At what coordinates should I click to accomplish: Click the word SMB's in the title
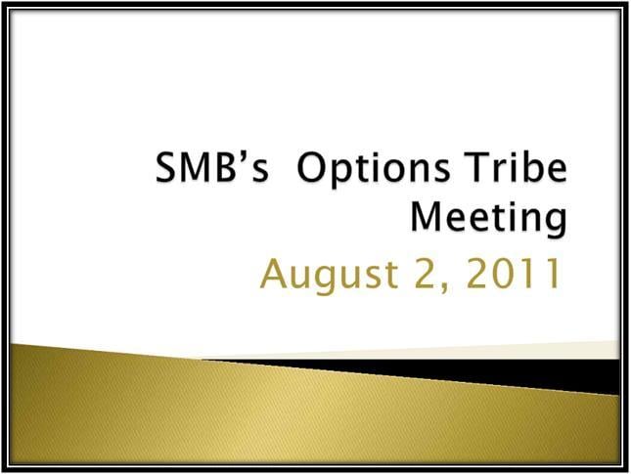pos(212,167)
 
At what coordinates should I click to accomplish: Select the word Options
pos(373,169)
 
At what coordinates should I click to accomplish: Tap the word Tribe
pos(516,166)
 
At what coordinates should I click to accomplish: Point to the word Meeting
pos(488,218)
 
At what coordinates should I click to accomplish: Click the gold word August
pos(330,276)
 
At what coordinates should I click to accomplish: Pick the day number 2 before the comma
pos(427,274)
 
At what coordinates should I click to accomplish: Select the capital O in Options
pos(313,167)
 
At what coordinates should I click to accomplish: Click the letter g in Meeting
pos(555,222)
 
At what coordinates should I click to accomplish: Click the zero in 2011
pos(506,274)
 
